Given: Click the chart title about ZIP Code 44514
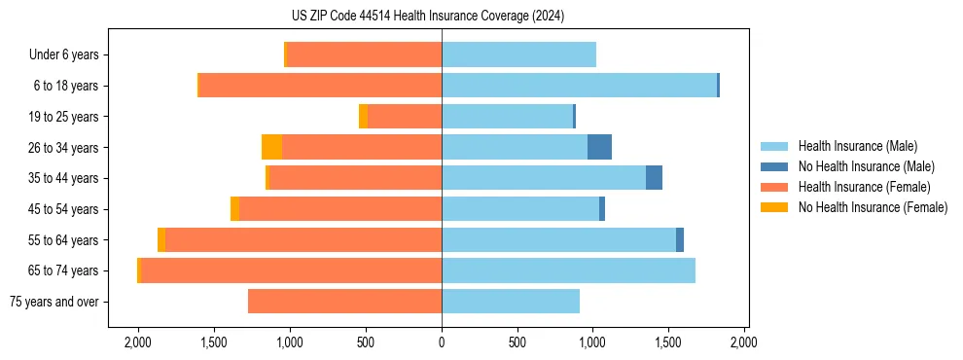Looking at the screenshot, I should pyautogui.click(x=442, y=17).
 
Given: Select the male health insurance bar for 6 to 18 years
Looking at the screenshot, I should pyautogui.click(x=579, y=86).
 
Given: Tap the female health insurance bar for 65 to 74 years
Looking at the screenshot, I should pyautogui.click(x=292, y=270).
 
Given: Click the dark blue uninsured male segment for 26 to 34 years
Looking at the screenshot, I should pyautogui.click(x=599, y=147).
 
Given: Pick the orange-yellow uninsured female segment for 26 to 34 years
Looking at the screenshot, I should pyautogui.click(x=271, y=147).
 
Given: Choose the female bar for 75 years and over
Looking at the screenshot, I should pyautogui.click(x=345, y=302).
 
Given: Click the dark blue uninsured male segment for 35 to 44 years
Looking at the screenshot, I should pyautogui.click(x=654, y=178).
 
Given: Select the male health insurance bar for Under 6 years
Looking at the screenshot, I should pyautogui.click(x=518, y=54).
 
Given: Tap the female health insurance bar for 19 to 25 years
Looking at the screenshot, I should pyautogui.click(x=405, y=117).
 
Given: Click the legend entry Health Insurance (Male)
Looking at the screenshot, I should pyautogui.click(x=857, y=147).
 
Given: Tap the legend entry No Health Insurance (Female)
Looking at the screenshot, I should pyautogui.click(x=873, y=207).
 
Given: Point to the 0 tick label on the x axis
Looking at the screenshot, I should pyautogui.click(x=442, y=342).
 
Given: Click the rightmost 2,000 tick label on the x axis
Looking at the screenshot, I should pyautogui.click(x=744, y=342).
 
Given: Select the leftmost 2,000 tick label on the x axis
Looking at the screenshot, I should pyautogui.click(x=137, y=342).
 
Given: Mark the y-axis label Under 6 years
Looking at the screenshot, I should pyautogui.click(x=64, y=55).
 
